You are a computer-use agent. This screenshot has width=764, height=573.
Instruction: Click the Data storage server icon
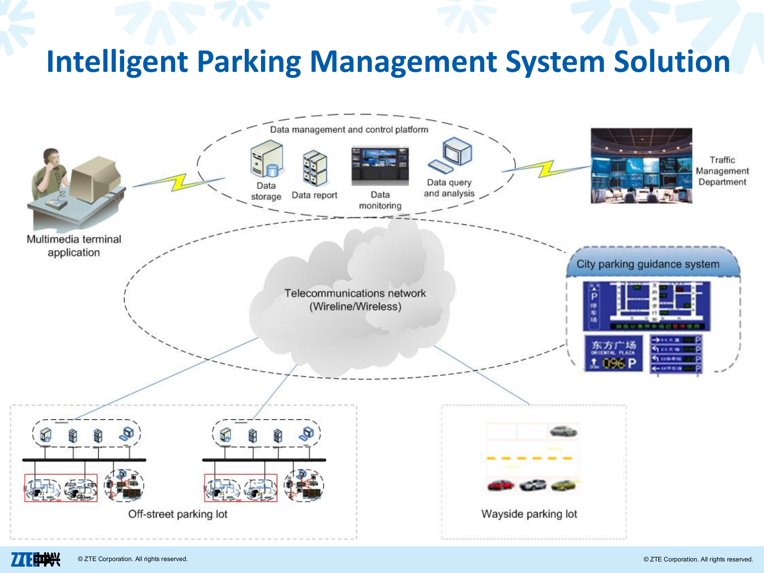(267, 159)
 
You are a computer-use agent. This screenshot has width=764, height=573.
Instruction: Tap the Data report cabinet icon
(315, 168)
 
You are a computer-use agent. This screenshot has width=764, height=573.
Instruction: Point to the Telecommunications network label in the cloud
(355, 300)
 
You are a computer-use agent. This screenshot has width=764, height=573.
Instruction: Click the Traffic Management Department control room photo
(641, 166)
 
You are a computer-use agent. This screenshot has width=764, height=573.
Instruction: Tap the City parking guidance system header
(648, 264)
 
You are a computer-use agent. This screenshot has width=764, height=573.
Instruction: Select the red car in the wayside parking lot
(500, 485)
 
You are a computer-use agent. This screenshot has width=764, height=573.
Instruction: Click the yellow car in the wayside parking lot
(563, 485)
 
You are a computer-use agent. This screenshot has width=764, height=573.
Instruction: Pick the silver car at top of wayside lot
(563, 431)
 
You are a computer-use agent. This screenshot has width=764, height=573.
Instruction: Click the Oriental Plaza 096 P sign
(613, 353)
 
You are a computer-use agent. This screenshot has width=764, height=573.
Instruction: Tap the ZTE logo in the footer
(35, 559)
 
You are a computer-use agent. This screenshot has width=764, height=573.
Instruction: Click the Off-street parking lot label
(177, 514)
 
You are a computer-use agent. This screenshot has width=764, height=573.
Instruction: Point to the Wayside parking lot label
(529, 514)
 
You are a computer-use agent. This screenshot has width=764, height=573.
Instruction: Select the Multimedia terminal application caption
(74, 246)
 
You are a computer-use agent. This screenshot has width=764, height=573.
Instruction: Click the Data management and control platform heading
(349, 130)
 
